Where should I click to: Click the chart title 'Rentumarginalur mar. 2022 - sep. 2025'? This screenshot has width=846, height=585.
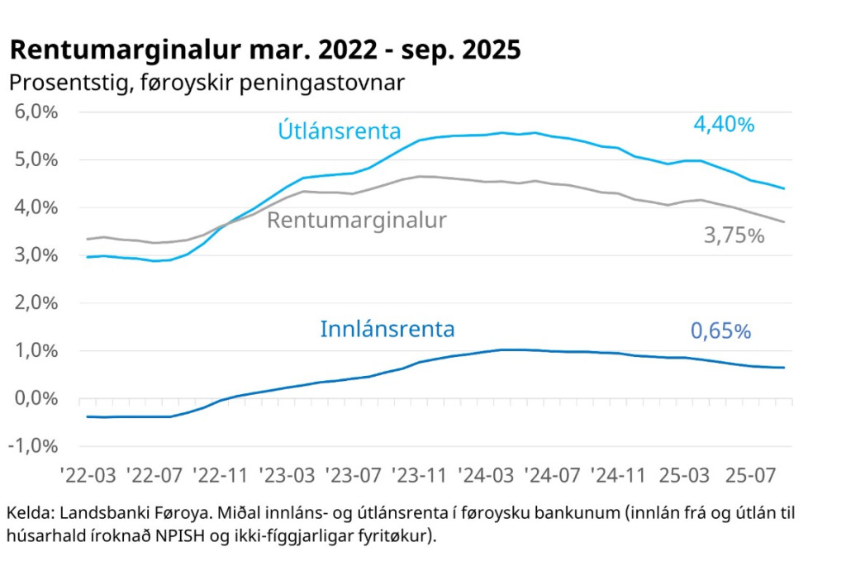(265, 50)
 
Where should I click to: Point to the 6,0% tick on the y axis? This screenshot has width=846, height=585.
(38, 112)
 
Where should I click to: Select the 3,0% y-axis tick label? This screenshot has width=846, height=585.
(38, 255)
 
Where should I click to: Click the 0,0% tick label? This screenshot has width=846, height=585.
(38, 398)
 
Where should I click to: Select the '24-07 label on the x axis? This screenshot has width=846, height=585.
(555, 476)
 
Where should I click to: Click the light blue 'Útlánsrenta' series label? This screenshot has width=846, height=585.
(340, 131)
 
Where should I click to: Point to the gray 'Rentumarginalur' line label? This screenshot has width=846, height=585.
(357, 221)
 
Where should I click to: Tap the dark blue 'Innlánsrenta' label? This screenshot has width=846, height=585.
(387, 330)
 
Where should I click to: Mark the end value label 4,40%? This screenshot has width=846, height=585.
(724, 125)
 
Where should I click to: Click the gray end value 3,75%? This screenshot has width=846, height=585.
(734, 235)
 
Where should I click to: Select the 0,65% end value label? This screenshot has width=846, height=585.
(720, 331)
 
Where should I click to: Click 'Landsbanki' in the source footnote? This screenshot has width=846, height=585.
(103, 513)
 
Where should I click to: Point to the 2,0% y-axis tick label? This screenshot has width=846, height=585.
(38, 303)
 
